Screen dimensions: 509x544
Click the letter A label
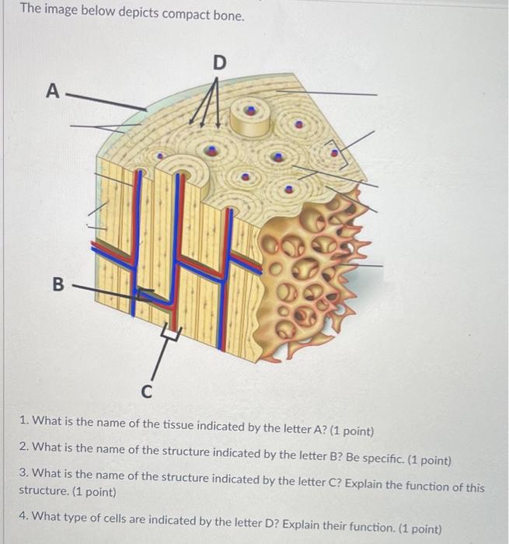53,91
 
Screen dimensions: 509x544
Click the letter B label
58,284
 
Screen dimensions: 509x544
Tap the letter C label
147,392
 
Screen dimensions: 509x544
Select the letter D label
219,63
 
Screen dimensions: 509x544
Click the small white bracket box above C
170,333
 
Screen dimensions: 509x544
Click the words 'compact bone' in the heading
203,15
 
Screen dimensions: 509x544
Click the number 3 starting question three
23,473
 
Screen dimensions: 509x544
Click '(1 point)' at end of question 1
352,431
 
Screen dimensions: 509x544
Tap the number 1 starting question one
24,420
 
